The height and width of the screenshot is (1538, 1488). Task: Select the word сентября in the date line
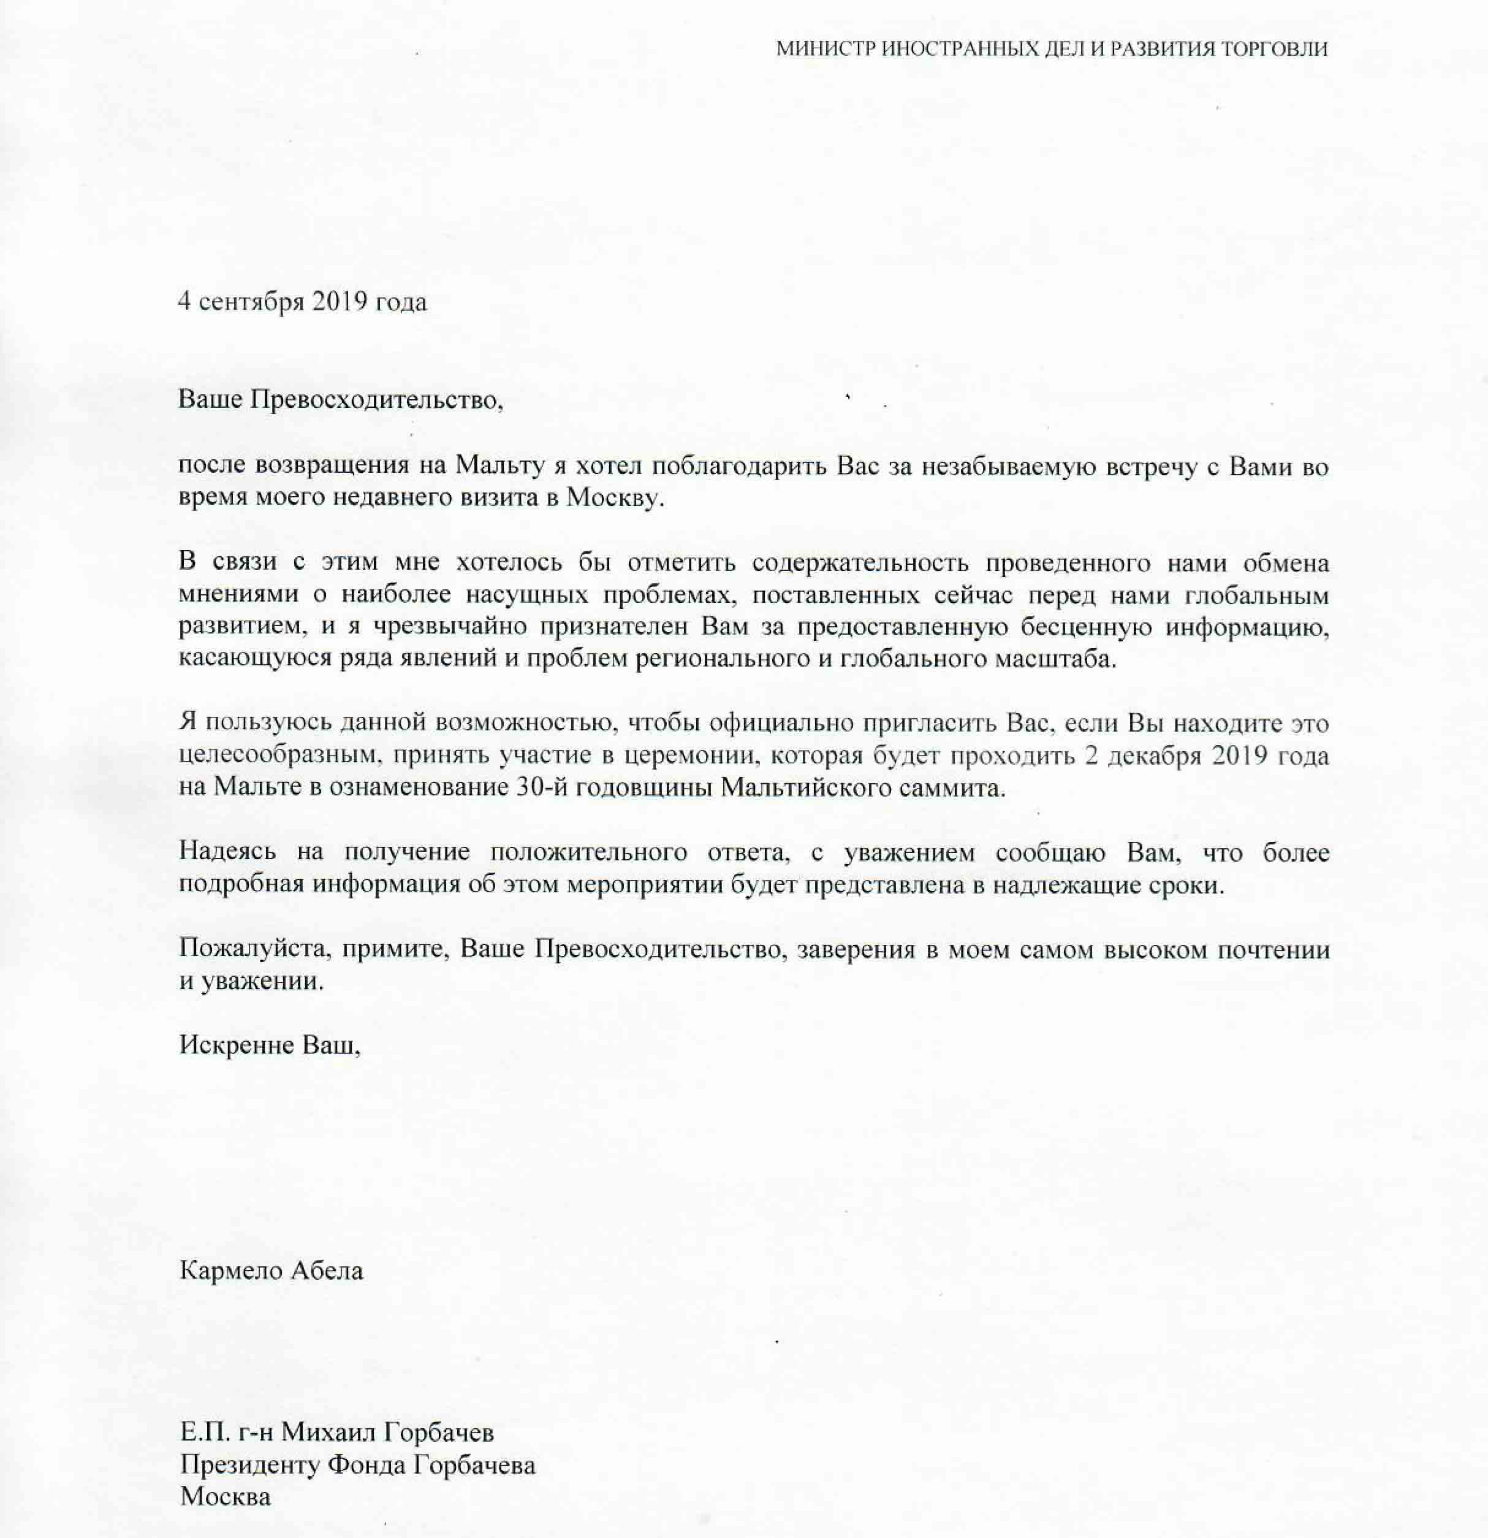point(251,302)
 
